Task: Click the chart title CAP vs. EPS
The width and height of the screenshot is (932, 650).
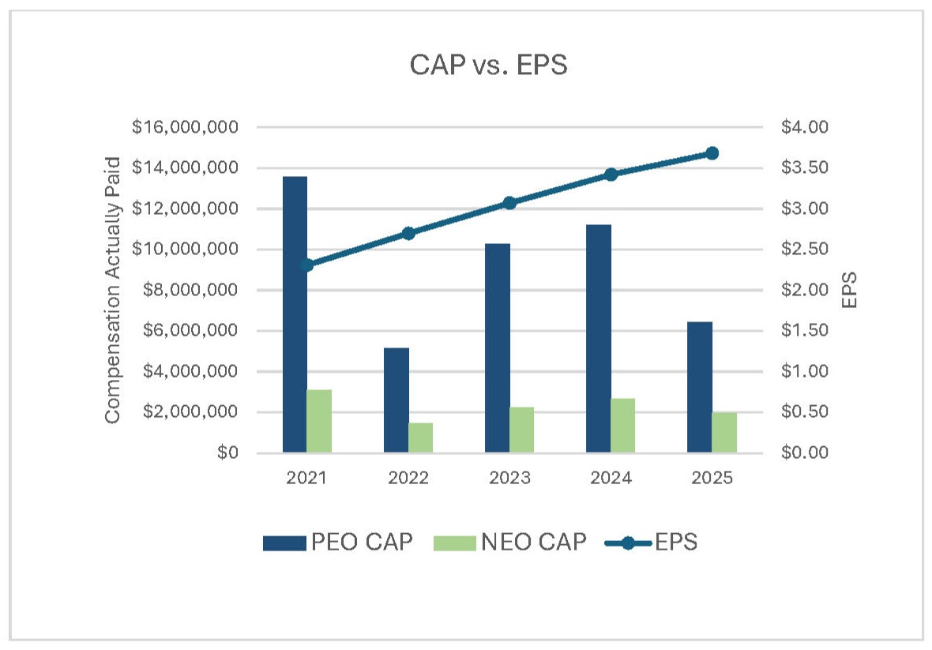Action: pyautogui.click(x=488, y=66)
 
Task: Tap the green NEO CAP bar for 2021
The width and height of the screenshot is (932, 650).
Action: pyautogui.click(x=319, y=421)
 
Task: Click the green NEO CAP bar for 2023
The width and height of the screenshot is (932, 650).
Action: pyautogui.click(x=521, y=430)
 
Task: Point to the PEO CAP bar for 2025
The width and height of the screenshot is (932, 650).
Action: pyautogui.click(x=699, y=387)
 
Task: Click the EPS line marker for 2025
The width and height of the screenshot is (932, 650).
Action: pyautogui.click(x=712, y=153)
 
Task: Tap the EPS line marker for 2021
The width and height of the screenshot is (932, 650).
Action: pyautogui.click(x=307, y=265)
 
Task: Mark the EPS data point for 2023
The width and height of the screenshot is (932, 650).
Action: pyautogui.click(x=509, y=203)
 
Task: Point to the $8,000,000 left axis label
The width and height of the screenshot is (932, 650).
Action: pyautogui.click(x=194, y=290)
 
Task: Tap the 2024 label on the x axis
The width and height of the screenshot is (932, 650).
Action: pyautogui.click(x=610, y=479)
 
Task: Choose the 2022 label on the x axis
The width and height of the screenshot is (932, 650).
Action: pyautogui.click(x=408, y=479)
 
